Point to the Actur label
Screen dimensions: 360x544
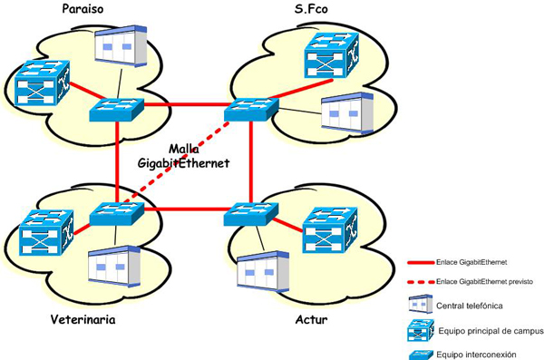(311, 320)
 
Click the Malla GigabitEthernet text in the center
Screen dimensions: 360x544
(185, 155)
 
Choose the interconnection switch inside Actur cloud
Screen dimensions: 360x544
(249, 215)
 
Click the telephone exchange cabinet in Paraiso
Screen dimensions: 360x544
(121, 46)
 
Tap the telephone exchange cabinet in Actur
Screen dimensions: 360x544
(262, 270)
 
